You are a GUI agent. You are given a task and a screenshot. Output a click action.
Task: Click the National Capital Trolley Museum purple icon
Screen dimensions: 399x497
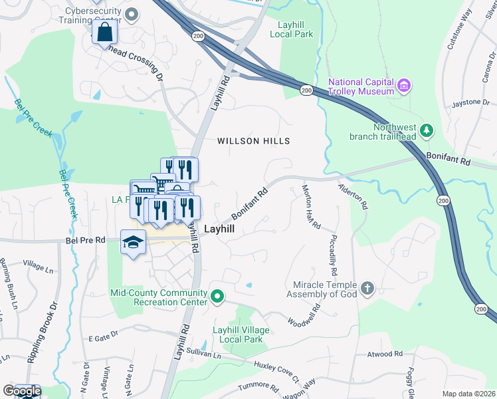pos(403,85)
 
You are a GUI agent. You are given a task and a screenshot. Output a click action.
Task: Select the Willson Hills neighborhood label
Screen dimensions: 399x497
pos(254,141)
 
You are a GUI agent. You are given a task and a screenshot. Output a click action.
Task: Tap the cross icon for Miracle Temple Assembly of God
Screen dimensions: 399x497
pos(367,289)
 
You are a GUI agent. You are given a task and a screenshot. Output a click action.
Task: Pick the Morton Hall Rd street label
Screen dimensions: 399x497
pos(309,209)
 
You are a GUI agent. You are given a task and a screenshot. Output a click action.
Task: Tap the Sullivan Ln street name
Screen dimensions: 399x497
pos(203,352)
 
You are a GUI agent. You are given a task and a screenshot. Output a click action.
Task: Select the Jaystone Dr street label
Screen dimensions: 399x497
pos(470,103)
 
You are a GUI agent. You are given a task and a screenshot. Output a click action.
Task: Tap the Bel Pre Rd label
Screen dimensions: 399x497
pos(86,239)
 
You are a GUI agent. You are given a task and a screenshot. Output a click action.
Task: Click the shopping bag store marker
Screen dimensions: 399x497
pos(105,31)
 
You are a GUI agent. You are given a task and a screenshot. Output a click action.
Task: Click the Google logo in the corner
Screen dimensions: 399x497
pos(21,391)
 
